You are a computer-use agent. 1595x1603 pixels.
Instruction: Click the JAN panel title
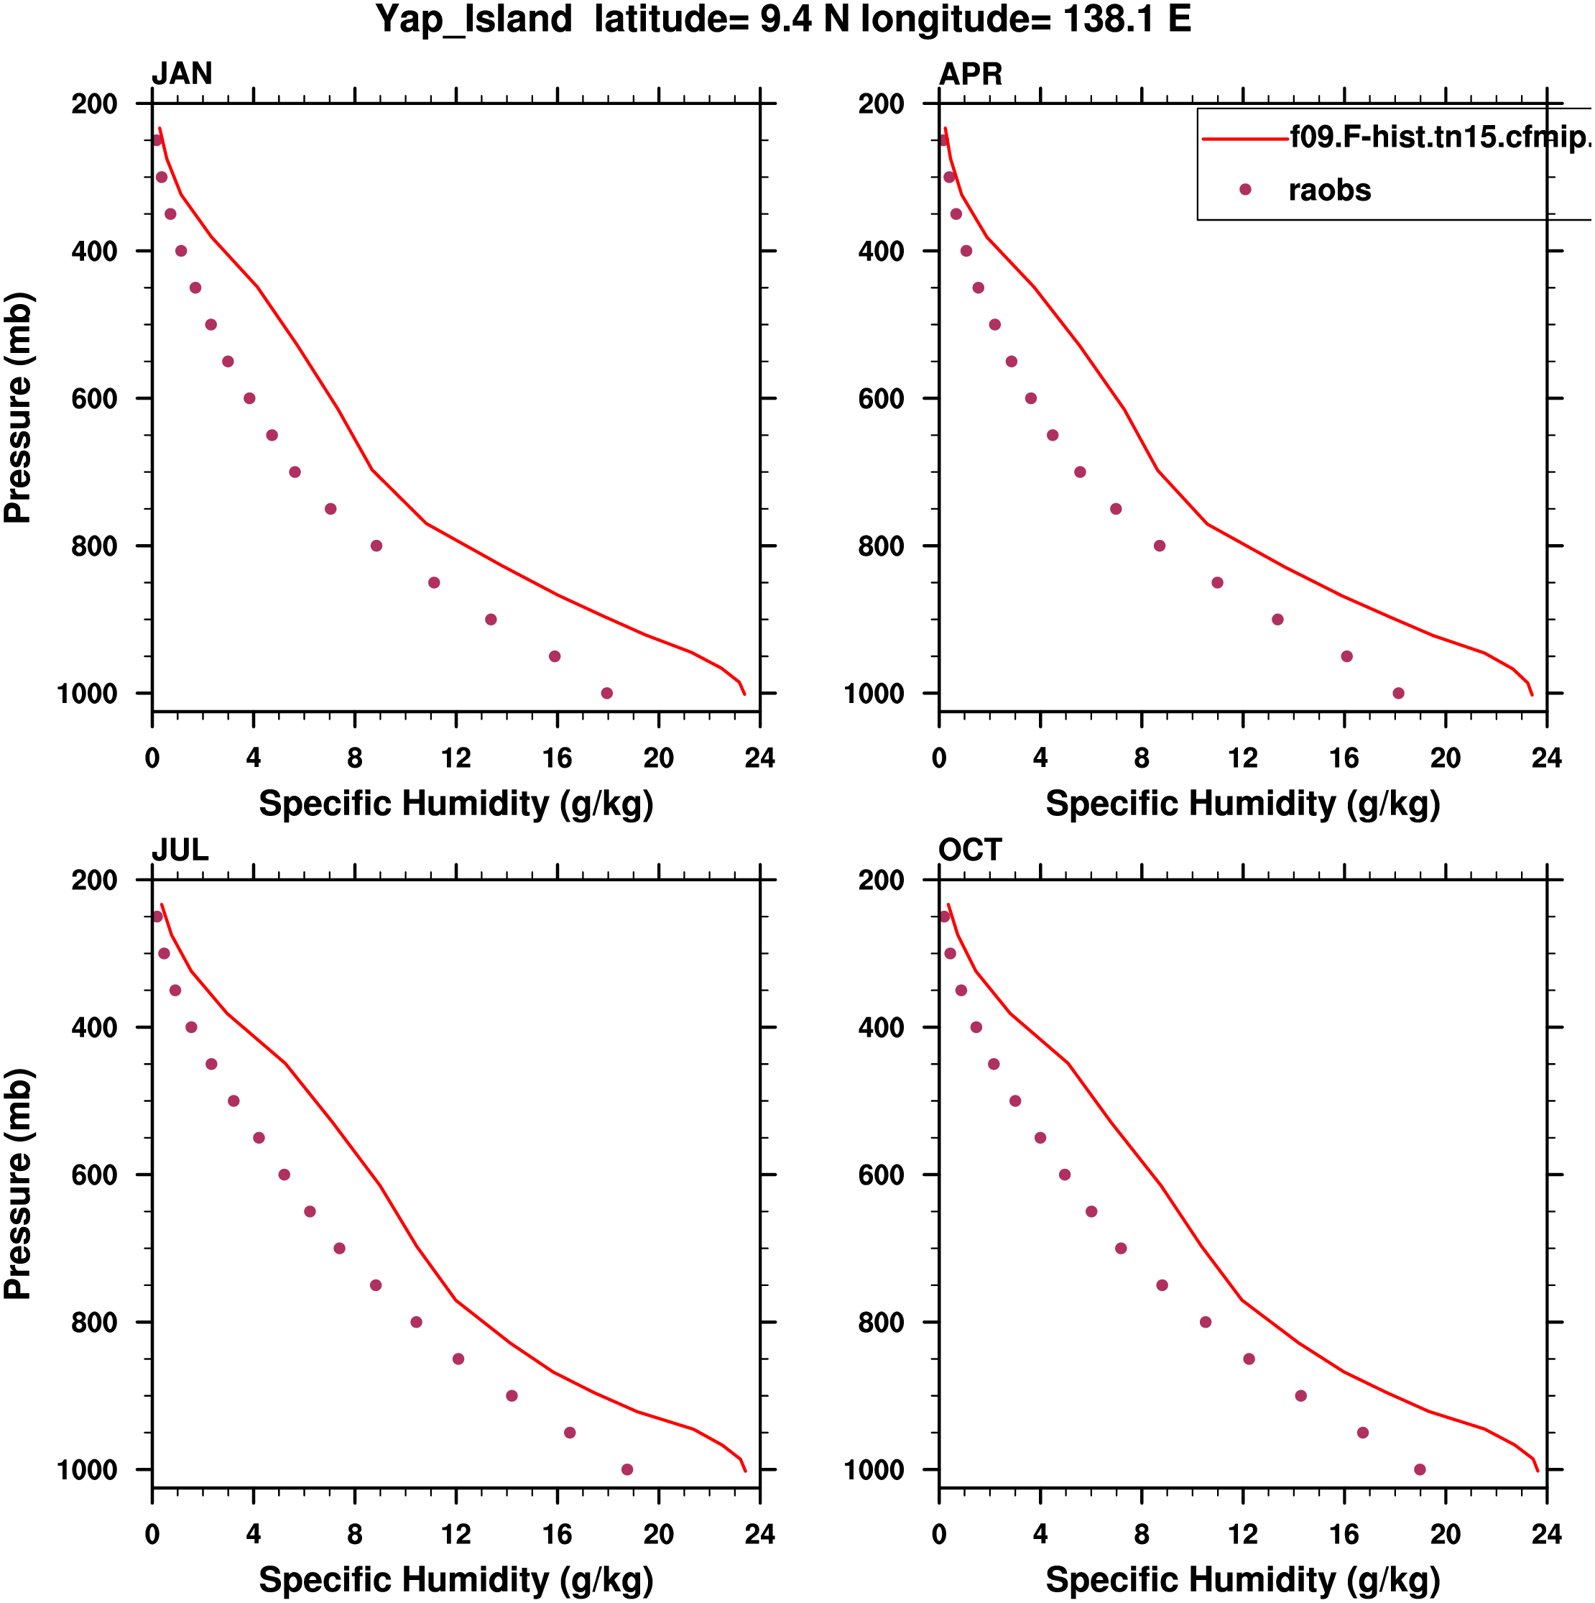coord(182,74)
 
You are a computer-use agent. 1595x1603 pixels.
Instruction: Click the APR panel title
coord(970,74)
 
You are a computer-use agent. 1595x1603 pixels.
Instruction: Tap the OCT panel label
coord(970,850)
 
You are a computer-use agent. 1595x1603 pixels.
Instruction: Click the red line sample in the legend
coord(1244,139)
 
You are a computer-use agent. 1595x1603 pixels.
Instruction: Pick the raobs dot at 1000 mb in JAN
coord(607,694)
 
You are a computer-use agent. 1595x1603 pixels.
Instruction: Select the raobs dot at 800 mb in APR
coord(1160,546)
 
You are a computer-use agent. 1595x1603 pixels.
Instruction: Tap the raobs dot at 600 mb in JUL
coord(285,1175)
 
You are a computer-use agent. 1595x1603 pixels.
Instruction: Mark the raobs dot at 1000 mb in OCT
coord(1420,1469)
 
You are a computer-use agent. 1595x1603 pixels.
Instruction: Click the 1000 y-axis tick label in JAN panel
coord(87,694)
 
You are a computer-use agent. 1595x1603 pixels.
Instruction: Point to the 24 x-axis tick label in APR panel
coord(1546,758)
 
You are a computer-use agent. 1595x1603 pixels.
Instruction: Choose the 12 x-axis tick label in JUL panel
coord(456,1534)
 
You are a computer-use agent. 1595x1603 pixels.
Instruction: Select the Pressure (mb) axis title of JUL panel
coord(18,1183)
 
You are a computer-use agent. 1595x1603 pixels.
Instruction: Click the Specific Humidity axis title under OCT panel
coord(1242,1580)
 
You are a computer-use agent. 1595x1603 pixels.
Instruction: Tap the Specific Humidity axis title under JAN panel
coord(456,803)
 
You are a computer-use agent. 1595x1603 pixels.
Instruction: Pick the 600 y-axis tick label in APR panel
coord(881,399)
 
